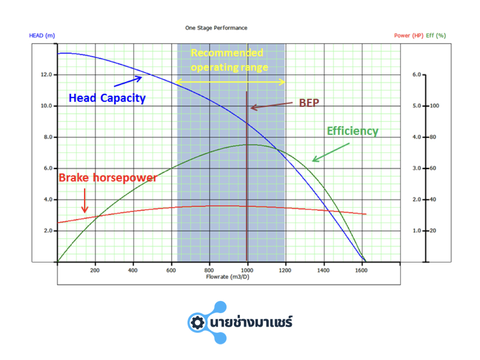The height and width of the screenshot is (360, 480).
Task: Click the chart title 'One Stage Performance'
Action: [x=216, y=28]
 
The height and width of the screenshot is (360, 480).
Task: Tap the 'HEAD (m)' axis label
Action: [x=42, y=36]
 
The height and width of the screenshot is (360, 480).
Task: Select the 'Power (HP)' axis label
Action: [x=409, y=36]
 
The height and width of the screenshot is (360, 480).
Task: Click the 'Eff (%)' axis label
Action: [x=436, y=36]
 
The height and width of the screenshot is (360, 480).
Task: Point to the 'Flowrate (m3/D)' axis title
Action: [x=228, y=277]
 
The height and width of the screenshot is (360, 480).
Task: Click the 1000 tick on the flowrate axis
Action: [x=247, y=270]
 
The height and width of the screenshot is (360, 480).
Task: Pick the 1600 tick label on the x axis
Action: [x=361, y=270]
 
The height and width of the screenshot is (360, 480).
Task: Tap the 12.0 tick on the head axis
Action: [x=46, y=75]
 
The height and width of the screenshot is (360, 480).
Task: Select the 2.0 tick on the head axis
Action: [x=48, y=231]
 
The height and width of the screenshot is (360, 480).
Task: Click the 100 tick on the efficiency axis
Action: [x=435, y=106]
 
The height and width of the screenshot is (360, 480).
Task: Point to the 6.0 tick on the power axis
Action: [x=417, y=75]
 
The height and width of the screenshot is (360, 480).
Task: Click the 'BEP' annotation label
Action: [x=309, y=103]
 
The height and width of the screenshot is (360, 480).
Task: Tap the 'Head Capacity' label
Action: [x=107, y=98]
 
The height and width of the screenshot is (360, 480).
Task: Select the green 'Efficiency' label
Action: [x=352, y=131]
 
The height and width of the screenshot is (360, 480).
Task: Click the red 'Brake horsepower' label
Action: [x=108, y=178]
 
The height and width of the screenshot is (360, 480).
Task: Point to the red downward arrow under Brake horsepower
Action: [x=85, y=201]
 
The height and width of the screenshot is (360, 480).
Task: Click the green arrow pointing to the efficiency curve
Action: [x=331, y=152]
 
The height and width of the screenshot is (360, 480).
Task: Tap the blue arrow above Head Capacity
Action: [x=128, y=81]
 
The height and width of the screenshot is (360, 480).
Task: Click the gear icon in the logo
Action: [x=197, y=322]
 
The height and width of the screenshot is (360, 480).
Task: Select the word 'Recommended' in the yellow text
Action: [x=227, y=53]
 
